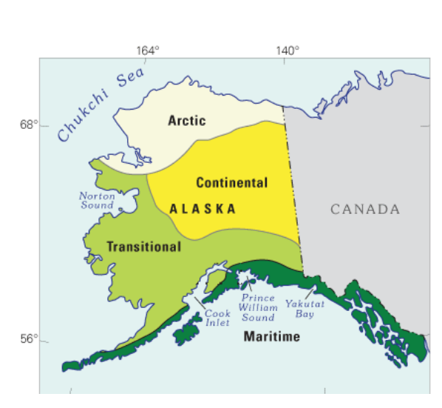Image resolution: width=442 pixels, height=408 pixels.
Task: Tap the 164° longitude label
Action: pyautogui.click(x=148, y=51)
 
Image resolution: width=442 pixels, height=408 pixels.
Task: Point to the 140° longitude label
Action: pyautogui.click(x=288, y=51)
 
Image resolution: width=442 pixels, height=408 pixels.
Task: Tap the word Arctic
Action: pyautogui.click(x=186, y=120)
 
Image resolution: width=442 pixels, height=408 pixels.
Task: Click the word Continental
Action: pyautogui.click(x=231, y=182)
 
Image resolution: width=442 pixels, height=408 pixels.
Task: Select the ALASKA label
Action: pyautogui.click(x=203, y=209)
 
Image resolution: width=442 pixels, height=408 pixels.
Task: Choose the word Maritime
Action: pyautogui.click(x=272, y=337)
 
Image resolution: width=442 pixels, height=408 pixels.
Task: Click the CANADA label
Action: pyautogui.click(x=364, y=210)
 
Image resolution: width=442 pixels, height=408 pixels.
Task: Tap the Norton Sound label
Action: pyautogui.click(x=98, y=200)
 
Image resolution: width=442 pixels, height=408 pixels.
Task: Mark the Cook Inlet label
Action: pyautogui.click(x=217, y=318)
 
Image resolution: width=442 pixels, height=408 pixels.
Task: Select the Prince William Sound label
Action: pyautogui.click(x=258, y=307)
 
